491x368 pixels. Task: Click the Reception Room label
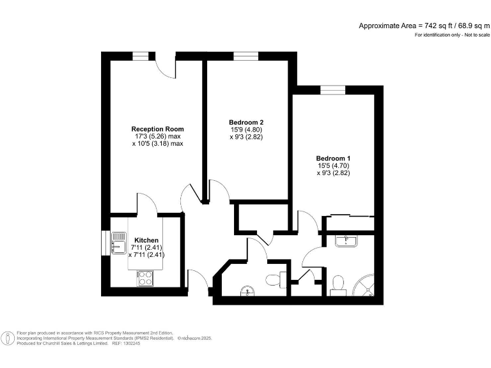[x=157, y=128]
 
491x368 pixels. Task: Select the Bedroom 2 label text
[x=246, y=122]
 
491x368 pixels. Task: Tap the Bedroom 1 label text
[x=333, y=158]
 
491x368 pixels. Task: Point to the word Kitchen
[x=146, y=240]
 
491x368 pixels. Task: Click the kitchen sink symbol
[x=118, y=241]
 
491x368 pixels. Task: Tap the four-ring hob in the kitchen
[x=145, y=278]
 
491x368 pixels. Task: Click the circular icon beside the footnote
[x=8, y=337]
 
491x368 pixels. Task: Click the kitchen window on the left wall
[x=105, y=242]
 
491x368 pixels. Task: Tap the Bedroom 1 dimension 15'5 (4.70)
[x=333, y=165]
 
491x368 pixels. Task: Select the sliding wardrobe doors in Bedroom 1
[x=349, y=217]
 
